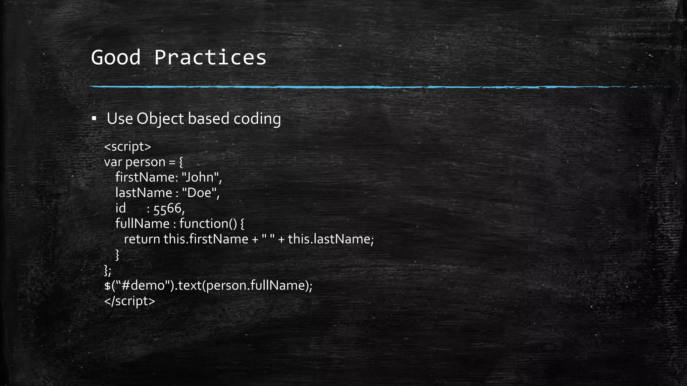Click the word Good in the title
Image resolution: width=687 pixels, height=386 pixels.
(x=116, y=57)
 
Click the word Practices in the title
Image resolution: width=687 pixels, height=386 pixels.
(x=210, y=57)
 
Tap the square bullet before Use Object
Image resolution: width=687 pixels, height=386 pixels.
(x=94, y=118)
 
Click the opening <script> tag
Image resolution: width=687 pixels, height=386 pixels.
(x=127, y=147)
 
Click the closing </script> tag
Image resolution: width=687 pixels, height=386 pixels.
(x=129, y=301)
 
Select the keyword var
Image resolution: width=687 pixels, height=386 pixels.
(x=113, y=162)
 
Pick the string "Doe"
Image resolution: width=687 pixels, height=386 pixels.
(x=199, y=193)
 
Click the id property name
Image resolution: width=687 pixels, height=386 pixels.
(x=120, y=208)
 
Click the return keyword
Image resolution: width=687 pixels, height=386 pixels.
(x=142, y=239)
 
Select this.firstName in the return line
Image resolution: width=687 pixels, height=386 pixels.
(x=206, y=239)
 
